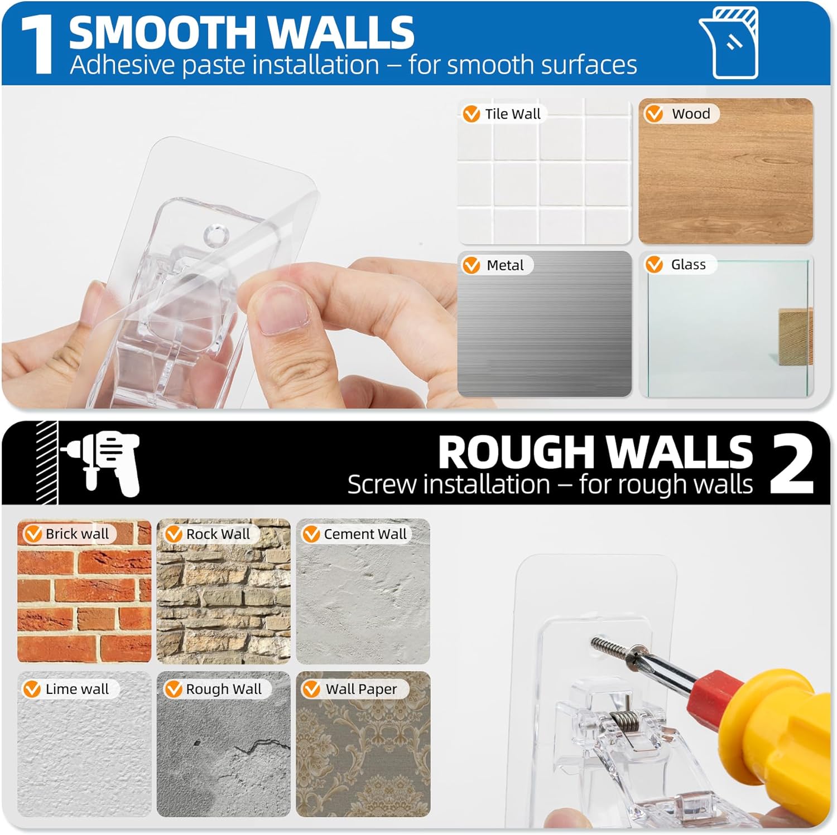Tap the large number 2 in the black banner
coord(792,464)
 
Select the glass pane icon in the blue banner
coord(729,43)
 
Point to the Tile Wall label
coord(512,114)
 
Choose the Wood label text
coord(691,114)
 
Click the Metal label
coord(505,265)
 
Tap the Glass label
coord(688,264)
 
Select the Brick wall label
coord(77,534)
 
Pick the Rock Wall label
coord(218,534)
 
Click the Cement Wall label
coord(365,534)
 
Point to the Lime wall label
coord(77,689)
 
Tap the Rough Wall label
coord(223,689)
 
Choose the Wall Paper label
coord(361,689)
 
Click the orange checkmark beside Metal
coord(472,265)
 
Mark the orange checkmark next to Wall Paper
coord(311,689)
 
